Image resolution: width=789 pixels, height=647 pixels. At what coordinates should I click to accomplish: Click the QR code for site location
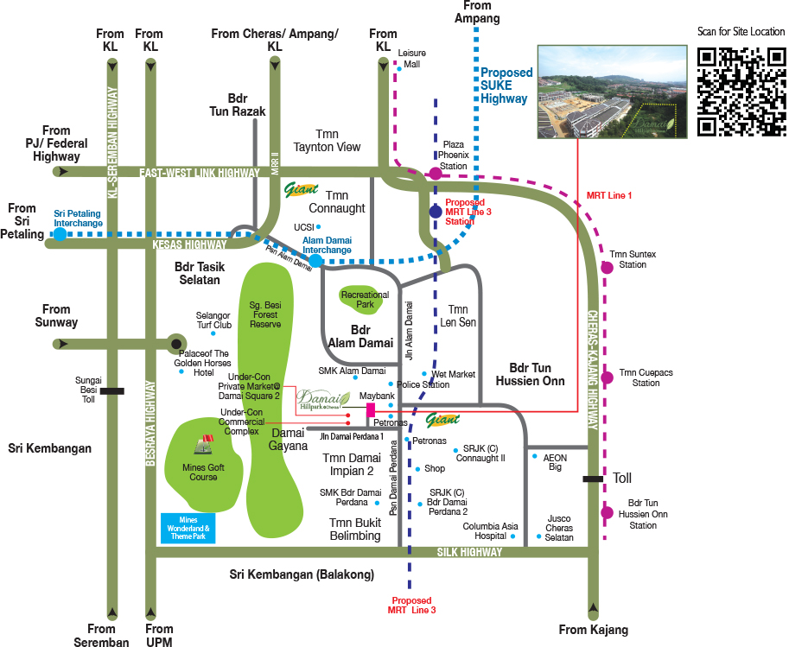pos(741,92)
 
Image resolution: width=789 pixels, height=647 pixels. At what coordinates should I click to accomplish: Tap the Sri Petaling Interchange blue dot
pos(60,234)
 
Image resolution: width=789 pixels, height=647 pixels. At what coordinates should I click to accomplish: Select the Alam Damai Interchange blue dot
pos(315,261)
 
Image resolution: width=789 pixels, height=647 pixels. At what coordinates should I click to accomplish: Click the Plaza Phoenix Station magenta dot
pos(436,174)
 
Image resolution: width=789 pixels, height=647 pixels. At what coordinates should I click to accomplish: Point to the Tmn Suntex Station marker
pos(607,267)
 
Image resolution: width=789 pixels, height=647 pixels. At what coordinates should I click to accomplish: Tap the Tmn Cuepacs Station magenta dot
pos(607,377)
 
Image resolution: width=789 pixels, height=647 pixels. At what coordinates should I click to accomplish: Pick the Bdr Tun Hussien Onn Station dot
pos(607,512)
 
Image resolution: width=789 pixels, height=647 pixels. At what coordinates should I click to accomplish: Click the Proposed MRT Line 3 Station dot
pos(436,212)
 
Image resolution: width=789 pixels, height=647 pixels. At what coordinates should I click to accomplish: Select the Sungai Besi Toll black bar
pos(111,391)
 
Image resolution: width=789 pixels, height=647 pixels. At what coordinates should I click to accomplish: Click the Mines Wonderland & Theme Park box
pos(188,529)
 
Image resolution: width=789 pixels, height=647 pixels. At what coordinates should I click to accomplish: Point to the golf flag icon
pos(206,445)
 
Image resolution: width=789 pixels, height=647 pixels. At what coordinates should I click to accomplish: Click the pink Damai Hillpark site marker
pos(371,410)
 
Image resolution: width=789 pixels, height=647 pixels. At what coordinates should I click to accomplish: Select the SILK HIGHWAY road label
pos(469,552)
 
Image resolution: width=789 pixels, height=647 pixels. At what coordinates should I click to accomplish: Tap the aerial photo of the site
pos(613,92)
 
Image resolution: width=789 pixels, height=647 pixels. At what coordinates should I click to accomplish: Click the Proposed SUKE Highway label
pos(506,86)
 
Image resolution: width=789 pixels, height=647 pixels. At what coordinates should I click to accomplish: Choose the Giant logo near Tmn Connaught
pos(301,190)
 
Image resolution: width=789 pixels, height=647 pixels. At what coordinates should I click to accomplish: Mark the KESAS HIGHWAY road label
pos(189,244)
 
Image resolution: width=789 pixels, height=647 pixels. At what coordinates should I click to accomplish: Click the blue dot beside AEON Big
pos(534,456)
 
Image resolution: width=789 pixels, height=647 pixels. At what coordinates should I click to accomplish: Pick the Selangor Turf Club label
pos(213,320)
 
